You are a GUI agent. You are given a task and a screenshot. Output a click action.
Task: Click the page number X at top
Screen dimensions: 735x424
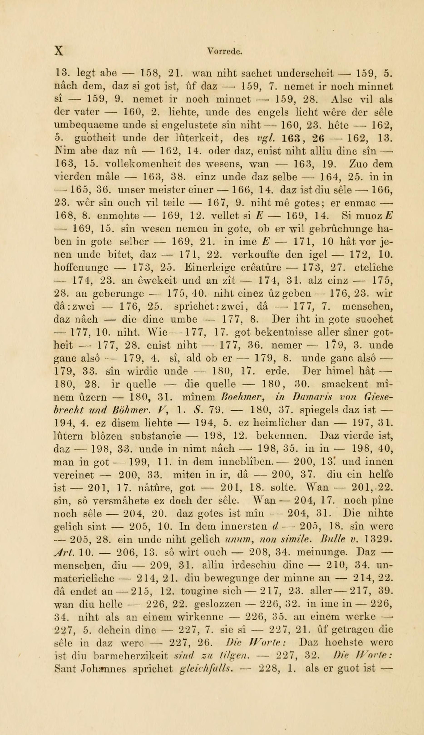[59, 51]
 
